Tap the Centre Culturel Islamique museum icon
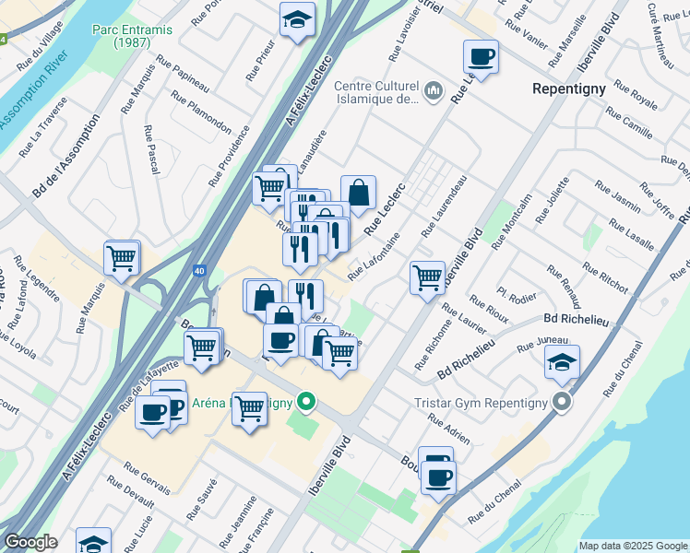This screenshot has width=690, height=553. pos(434,92)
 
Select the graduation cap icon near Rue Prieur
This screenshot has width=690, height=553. pos(297,20)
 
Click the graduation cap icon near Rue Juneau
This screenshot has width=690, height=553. pos(562,362)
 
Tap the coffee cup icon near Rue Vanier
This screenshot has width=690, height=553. pos(481,57)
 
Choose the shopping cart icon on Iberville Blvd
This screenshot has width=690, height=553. pos(427,276)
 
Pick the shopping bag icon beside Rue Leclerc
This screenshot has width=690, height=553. pos(358,194)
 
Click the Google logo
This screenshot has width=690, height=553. pos(30,541)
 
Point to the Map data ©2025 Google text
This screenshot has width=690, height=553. pos(632,546)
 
